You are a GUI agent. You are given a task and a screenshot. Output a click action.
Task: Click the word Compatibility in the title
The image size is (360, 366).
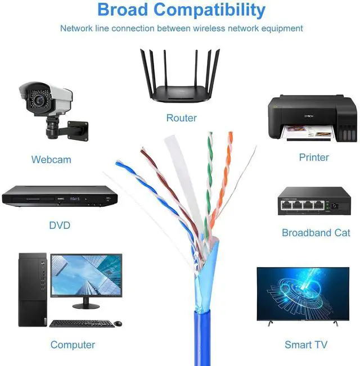(x=209, y=10)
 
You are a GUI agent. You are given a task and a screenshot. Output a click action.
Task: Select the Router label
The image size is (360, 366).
(x=181, y=118)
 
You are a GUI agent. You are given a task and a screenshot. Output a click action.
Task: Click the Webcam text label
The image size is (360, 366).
(x=51, y=160)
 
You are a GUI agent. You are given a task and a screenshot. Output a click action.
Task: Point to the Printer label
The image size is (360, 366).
(x=314, y=157)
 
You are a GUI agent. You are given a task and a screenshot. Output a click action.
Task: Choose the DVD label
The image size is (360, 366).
(x=60, y=225)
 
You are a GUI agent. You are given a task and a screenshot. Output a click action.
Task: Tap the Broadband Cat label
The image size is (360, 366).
(x=316, y=233)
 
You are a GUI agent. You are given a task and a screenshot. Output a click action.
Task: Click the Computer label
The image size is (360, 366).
(x=73, y=345)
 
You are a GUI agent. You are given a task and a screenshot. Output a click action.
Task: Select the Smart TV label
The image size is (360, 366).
(x=306, y=345)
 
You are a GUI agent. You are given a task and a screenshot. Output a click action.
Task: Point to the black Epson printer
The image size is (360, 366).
(x=311, y=118)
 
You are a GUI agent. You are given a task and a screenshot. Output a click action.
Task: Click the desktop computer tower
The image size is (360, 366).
(x=32, y=290)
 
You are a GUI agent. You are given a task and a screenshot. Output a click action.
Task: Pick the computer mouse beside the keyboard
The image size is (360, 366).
(x=118, y=323)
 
